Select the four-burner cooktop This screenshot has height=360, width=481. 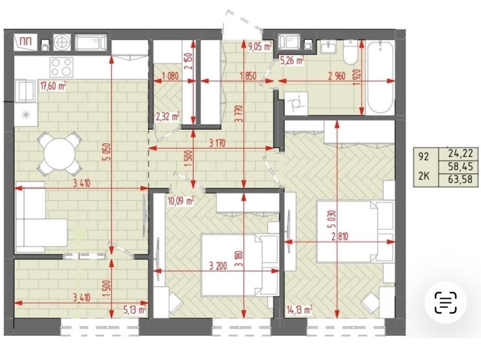tap(62, 67)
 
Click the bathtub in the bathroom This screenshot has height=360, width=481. tap(380, 78)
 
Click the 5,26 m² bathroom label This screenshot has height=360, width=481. tap(292, 60)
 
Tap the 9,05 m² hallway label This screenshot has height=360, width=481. tap(260, 46)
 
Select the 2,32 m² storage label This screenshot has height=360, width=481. tap(168, 117)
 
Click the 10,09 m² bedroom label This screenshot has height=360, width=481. tap(181, 201)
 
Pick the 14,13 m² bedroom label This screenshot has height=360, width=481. tap(299, 310)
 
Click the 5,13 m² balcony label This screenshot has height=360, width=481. tap(135, 310)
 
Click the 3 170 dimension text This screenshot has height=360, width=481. tap(217, 143)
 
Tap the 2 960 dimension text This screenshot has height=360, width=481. tap(337, 76)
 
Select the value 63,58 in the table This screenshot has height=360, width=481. tap(458, 179)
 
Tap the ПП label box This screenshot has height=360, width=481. tap(26, 42)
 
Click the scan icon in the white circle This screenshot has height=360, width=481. tap(445, 303)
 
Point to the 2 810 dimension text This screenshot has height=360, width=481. tap(340, 236)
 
